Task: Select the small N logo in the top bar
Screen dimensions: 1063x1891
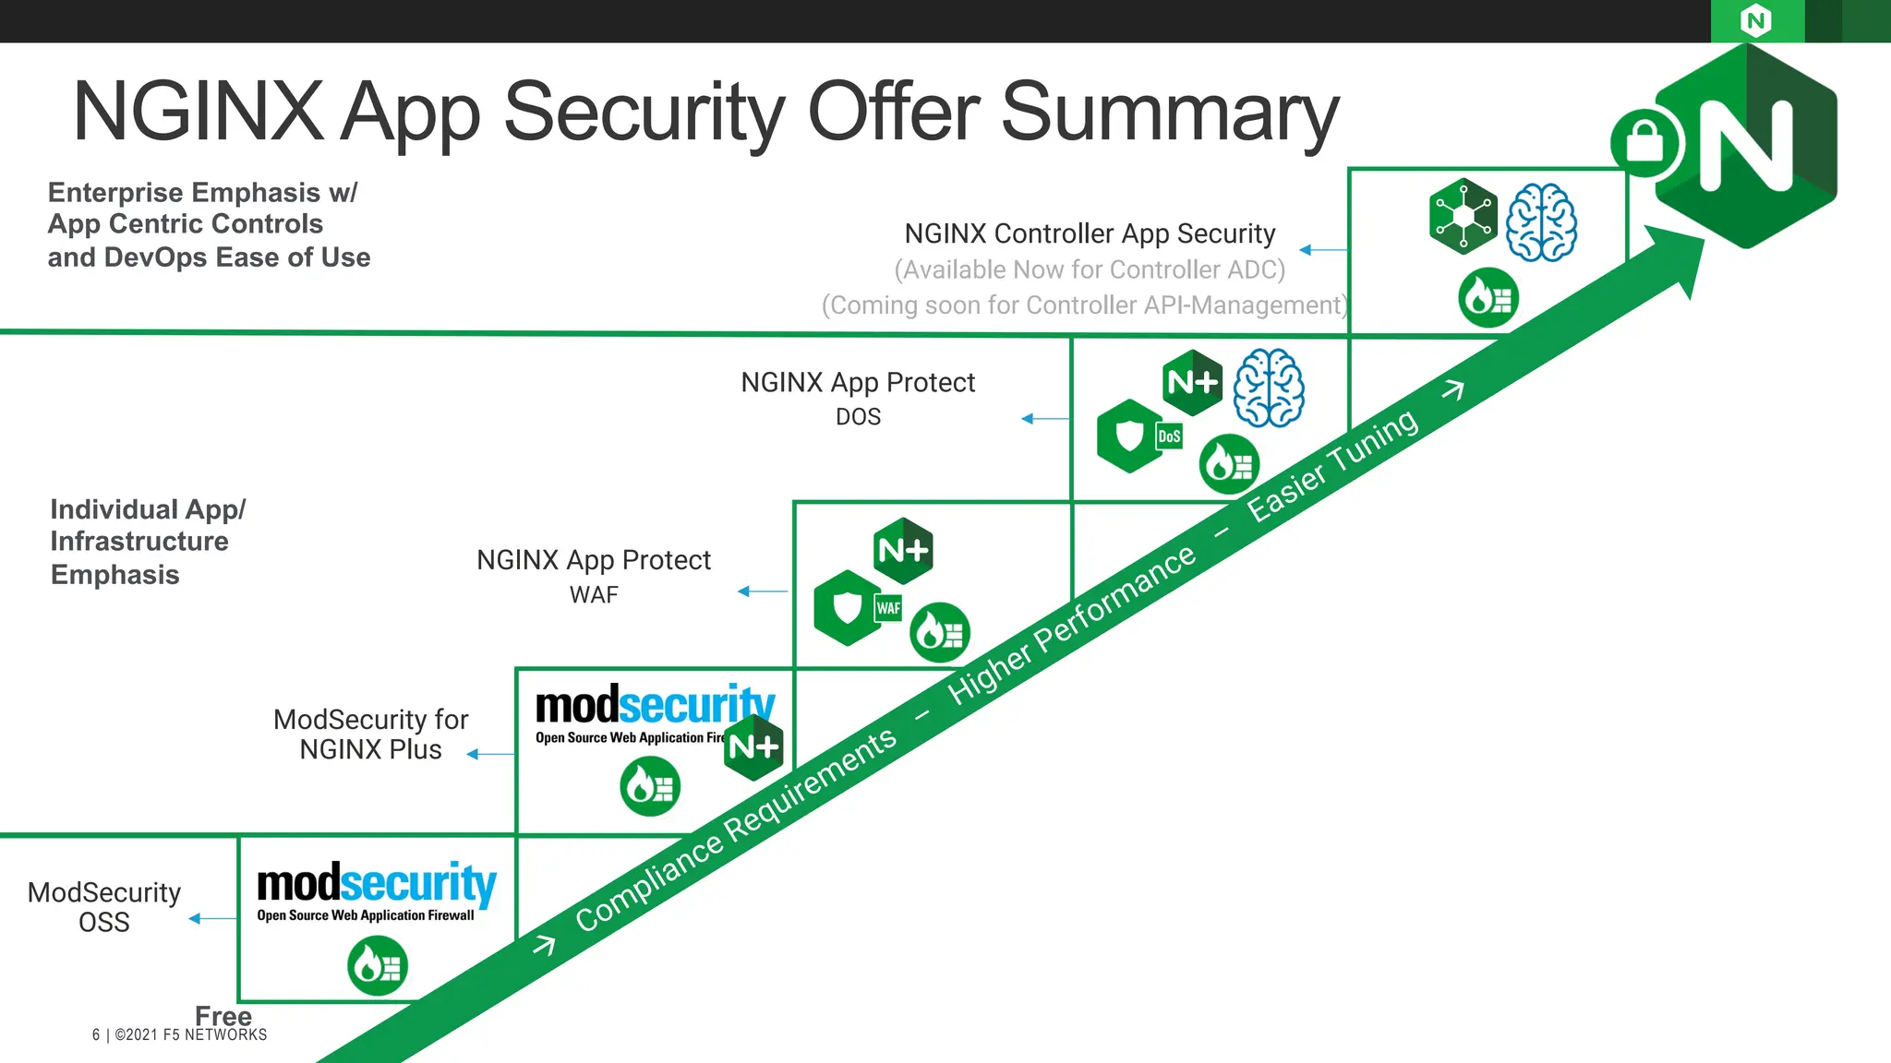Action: [x=1755, y=20]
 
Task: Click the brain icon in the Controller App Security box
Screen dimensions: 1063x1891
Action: [x=1541, y=222]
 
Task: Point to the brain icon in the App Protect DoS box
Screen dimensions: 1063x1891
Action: [x=1270, y=388]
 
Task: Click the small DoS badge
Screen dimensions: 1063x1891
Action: [x=1169, y=436]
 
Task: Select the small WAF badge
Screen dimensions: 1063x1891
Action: [x=888, y=608]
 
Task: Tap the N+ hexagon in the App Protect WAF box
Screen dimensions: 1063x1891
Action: [x=903, y=551]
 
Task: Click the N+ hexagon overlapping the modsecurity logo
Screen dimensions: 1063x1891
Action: [x=753, y=746]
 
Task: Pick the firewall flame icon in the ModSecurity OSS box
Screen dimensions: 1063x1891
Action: [x=378, y=966]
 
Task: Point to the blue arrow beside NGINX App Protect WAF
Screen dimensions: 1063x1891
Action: [x=762, y=591]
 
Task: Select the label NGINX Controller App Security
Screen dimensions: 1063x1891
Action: [x=1090, y=234]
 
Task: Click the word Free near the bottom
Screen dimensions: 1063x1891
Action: [x=223, y=1016]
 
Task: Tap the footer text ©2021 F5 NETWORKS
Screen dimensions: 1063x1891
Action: [x=190, y=1035]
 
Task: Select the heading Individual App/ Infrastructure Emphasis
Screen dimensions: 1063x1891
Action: [x=148, y=542]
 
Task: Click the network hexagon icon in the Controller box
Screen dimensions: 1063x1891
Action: [x=1463, y=217]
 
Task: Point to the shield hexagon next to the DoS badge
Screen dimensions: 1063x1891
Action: [x=1129, y=436]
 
